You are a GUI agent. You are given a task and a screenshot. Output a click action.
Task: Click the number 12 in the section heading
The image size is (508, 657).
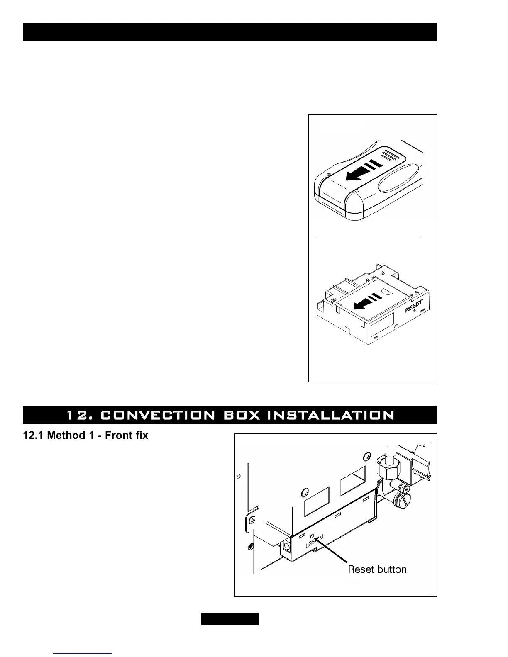click(76, 415)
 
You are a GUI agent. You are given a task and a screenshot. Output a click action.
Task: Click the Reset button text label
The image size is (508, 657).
click(377, 569)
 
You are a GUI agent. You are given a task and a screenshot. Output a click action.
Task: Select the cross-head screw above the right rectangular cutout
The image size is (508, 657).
click(366, 457)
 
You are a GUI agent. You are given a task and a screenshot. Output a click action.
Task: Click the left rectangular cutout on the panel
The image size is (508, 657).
click(317, 502)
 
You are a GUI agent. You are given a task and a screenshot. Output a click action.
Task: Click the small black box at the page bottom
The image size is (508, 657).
click(230, 619)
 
